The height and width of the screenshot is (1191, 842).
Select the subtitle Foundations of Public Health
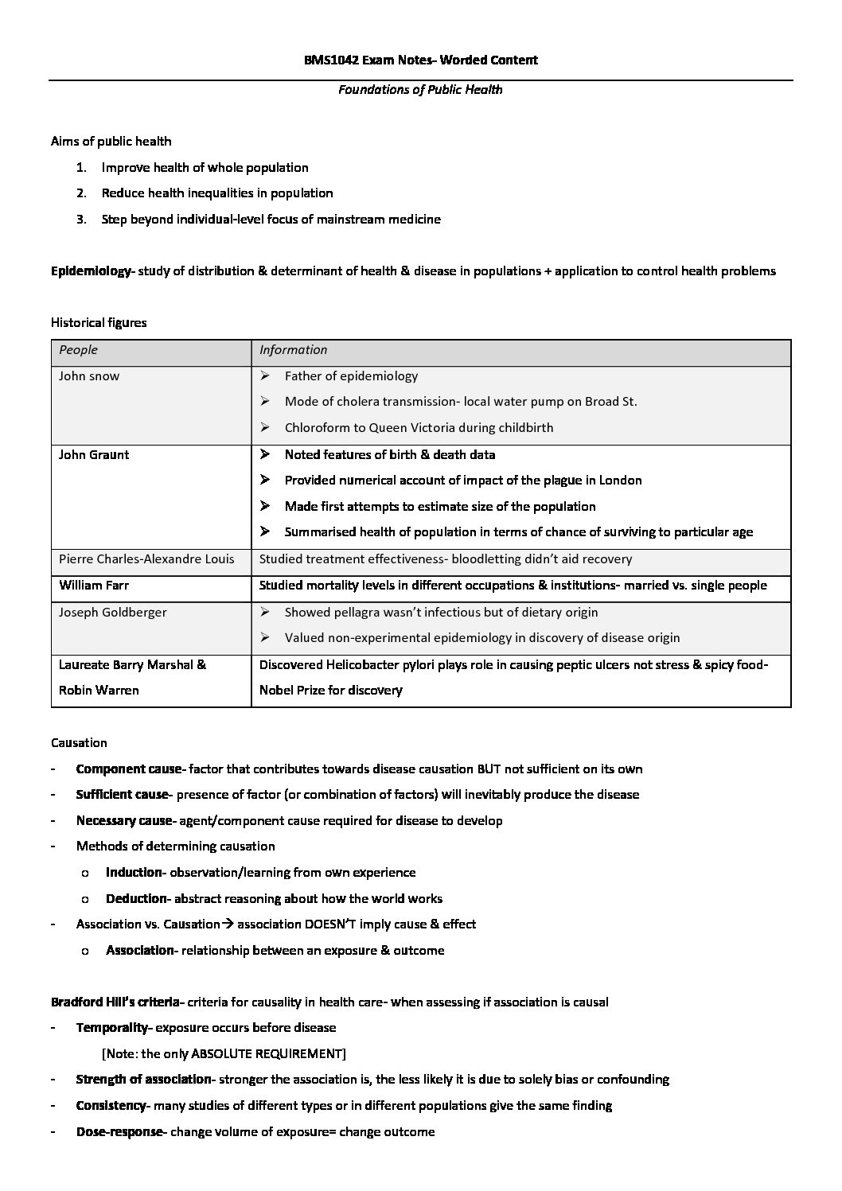pyautogui.click(x=420, y=89)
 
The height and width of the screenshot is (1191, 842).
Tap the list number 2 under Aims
pyautogui.click(x=80, y=193)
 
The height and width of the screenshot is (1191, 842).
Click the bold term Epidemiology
pyautogui.click(x=90, y=271)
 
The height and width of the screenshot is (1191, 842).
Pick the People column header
pyautogui.click(x=78, y=350)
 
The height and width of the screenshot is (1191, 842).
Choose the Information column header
pyautogui.click(x=293, y=350)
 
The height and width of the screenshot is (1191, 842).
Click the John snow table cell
pyautogui.click(x=89, y=376)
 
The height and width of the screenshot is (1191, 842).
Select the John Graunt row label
pyautogui.click(x=94, y=455)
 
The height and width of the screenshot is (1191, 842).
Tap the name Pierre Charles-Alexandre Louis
pyautogui.click(x=146, y=559)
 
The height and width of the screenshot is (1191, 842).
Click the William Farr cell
pyautogui.click(x=94, y=586)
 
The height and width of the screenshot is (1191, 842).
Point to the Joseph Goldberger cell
pyautogui.click(x=113, y=613)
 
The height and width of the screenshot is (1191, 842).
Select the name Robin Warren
pyautogui.click(x=99, y=691)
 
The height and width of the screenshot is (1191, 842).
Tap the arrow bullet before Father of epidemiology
pyautogui.click(x=265, y=376)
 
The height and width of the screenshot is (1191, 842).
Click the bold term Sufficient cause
pyautogui.click(x=122, y=795)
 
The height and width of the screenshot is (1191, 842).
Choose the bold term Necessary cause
pyautogui.click(x=123, y=821)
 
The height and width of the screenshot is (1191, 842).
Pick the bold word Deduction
pyautogui.click(x=136, y=899)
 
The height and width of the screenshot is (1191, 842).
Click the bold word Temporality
pyautogui.click(x=111, y=1028)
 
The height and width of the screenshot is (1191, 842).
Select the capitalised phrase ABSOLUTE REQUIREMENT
pyautogui.click(x=267, y=1054)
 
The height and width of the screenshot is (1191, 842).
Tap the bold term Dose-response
pyautogui.click(x=119, y=1132)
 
